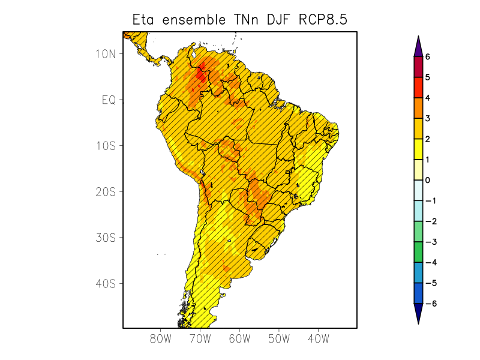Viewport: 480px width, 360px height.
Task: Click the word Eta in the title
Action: tap(144, 20)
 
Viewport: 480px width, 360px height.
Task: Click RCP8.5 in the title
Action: tap(323, 20)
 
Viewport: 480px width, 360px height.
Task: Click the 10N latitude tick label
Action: tap(106, 53)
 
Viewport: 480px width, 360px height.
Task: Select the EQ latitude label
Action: tap(108, 100)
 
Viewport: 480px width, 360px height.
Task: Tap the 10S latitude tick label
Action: tap(106, 146)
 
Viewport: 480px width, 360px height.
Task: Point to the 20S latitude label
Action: tap(106, 191)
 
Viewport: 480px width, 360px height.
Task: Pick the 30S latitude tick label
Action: tap(106, 238)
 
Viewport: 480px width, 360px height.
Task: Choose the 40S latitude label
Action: tap(106, 283)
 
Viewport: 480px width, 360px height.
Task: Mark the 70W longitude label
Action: tap(200, 339)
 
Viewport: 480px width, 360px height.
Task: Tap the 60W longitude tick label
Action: tap(239, 339)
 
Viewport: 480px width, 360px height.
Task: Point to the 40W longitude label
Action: tap(318, 339)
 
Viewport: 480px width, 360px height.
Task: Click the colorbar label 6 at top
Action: tap(427, 57)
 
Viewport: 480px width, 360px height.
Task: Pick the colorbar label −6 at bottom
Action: tap(430, 304)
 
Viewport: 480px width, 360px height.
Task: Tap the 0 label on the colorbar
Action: tap(427, 180)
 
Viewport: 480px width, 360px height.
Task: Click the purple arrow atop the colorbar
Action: tap(418, 46)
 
